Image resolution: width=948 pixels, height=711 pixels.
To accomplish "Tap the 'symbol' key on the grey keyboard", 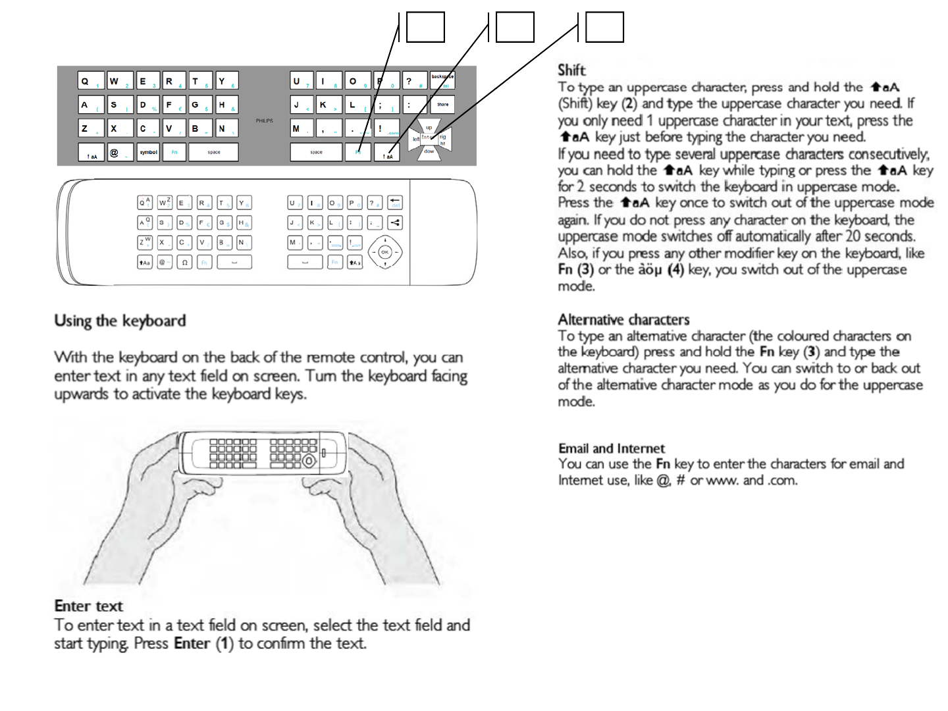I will point(149,152).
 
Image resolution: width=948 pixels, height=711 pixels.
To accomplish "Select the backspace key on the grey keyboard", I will point(442,80).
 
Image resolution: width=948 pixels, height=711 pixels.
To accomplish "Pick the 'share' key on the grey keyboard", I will point(442,104).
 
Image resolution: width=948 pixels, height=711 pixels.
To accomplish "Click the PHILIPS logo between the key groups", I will point(264,121).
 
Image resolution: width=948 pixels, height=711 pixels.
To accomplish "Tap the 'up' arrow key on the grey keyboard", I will point(429,127).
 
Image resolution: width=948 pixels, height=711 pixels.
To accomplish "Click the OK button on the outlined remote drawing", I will point(385,252).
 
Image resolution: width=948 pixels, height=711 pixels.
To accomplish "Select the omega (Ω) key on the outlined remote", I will point(184,262).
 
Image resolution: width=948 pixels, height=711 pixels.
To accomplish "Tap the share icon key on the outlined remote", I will point(395,223).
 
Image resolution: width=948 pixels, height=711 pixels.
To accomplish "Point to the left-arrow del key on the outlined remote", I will point(395,202).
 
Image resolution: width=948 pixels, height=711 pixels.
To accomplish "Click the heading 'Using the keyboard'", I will point(120,321).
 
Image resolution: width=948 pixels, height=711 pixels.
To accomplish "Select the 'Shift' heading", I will point(571,70).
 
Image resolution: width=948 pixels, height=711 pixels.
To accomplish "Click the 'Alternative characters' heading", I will point(623,319).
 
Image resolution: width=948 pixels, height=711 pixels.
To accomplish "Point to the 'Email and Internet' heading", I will point(612,448).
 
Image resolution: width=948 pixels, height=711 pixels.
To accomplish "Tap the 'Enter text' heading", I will point(88,606).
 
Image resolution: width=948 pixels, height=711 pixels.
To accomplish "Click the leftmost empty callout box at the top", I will point(425,28).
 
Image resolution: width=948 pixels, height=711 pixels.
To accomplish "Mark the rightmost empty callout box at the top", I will point(604,28).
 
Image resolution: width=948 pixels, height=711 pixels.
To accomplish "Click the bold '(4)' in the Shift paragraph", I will point(675,270).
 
